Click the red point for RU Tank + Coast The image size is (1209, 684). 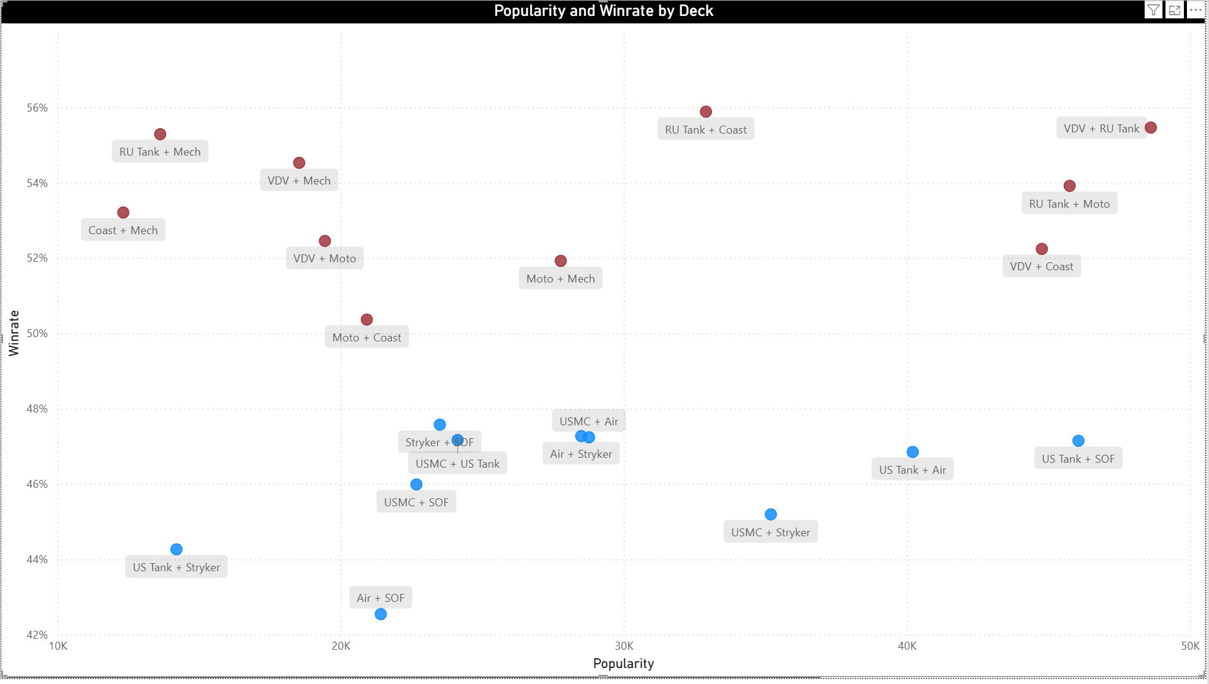pyautogui.click(x=706, y=112)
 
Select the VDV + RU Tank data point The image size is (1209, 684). pyautogui.click(x=1151, y=127)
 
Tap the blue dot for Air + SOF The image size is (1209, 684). pyautogui.click(x=381, y=614)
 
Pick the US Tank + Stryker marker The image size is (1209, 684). pyautogui.click(x=176, y=549)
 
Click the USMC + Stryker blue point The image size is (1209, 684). pyautogui.click(x=771, y=514)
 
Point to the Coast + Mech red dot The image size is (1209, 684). pyautogui.click(x=123, y=213)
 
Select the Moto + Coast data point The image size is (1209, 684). pyautogui.click(x=366, y=319)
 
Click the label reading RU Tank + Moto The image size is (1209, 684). pyautogui.click(x=1069, y=204)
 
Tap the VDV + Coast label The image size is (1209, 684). pyautogui.click(x=1042, y=267)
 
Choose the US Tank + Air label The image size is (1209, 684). pyautogui.click(x=912, y=470)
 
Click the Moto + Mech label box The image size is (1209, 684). pyautogui.click(x=561, y=279)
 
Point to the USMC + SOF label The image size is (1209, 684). pyautogui.click(x=416, y=503)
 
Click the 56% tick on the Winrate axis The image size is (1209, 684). pyautogui.click(x=37, y=108)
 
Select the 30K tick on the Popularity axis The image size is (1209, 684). pyautogui.click(x=624, y=646)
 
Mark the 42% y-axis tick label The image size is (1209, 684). pyautogui.click(x=37, y=635)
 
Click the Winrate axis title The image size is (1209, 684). pyautogui.click(x=13, y=333)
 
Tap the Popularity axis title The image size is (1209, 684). pyautogui.click(x=623, y=664)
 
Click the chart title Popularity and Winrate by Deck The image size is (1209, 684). pyautogui.click(x=604, y=11)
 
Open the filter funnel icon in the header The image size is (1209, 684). pyautogui.click(x=1153, y=10)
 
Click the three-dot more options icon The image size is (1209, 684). pyautogui.click(x=1196, y=10)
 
